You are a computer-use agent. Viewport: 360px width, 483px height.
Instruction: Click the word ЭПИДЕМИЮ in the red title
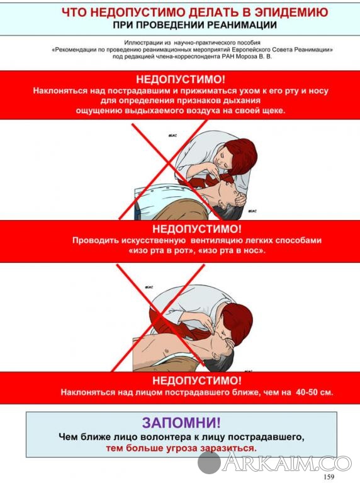pyautogui.click(x=291, y=13)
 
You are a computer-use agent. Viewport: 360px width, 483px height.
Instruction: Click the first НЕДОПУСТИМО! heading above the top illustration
pyautogui.click(x=181, y=79)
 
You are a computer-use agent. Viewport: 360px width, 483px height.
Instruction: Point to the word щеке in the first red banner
pyautogui.click(x=274, y=111)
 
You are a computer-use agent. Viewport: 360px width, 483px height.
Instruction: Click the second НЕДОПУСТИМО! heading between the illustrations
pyautogui.click(x=197, y=229)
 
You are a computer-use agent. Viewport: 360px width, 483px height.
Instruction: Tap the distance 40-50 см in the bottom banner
pyautogui.click(x=315, y=392)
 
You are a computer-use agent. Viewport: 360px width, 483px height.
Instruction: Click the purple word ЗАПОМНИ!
pyautogui.click(x=181, y=423)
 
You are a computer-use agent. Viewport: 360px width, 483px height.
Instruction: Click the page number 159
pyautogui.click(x=329, y=477)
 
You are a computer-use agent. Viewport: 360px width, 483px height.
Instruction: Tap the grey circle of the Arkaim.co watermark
pyautogui.click(x=209, y=462)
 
